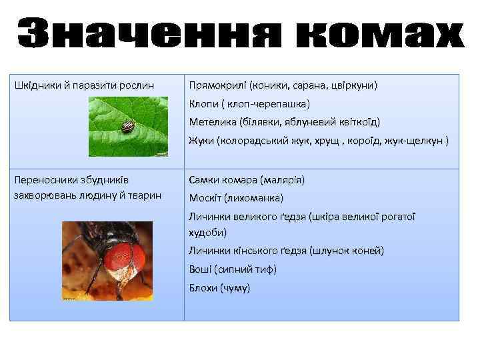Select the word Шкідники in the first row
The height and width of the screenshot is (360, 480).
(37, 85)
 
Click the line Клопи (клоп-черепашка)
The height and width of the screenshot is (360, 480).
(249, 104)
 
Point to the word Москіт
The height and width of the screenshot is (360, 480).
(205, 198)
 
